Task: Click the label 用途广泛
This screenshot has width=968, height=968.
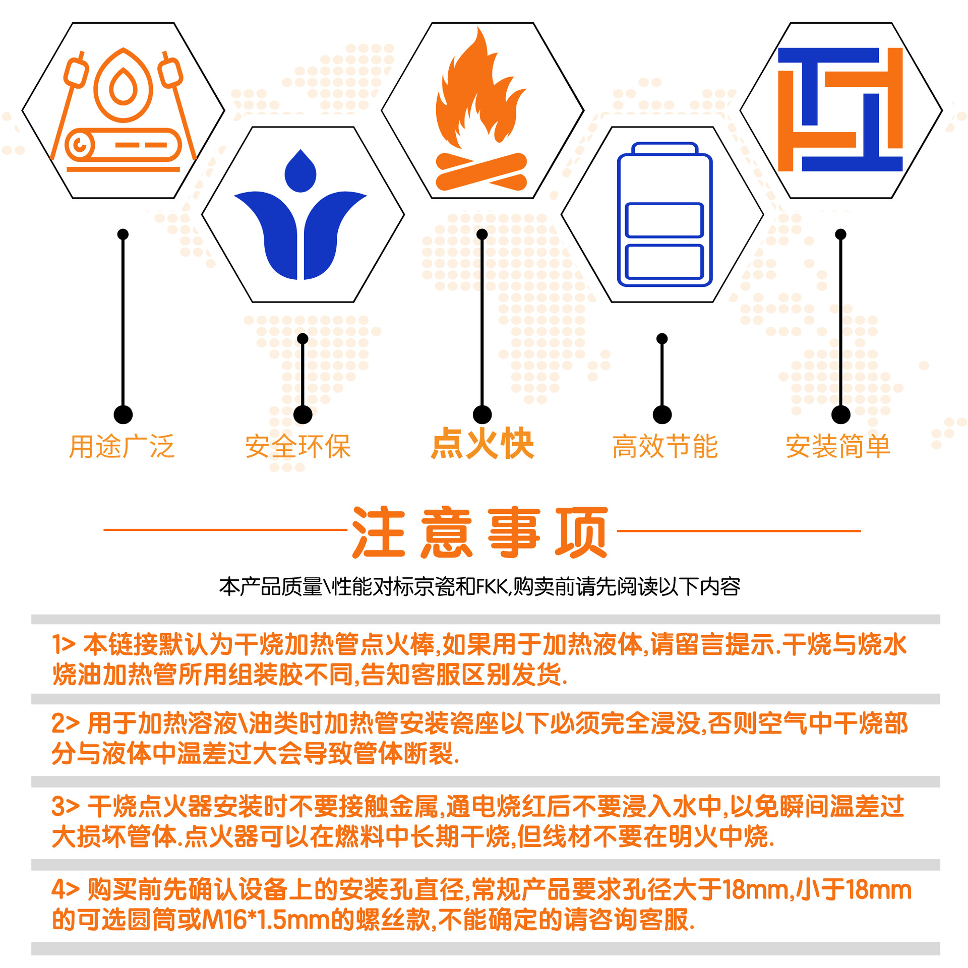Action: pyautogui.click(x=122, y=447)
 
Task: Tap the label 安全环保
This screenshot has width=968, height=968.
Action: pyautogui.click(x=298, y=447)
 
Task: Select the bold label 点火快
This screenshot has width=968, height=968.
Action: pyautogui.click(x=482, y=444)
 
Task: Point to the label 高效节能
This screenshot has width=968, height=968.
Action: pyautogui.click(x=665, y=447)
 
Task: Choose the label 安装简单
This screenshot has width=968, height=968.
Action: pyautogui.click(x=838, y=447)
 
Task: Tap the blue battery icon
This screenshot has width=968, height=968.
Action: pyautogui.click(x=664, y=215)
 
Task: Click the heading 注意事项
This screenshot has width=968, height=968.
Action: pyautogui.click(x=480, y=532)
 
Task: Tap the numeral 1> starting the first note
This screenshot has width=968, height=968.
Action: pyautogui.click(x=64, y=644)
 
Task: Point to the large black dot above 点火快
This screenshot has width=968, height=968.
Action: pyautogui.click(x=482, y=415)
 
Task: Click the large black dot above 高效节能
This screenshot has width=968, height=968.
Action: pyautogui.click(x=662, y=415)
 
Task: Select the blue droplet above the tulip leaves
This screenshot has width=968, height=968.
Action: pyautogui.click(x=300, y=171)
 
